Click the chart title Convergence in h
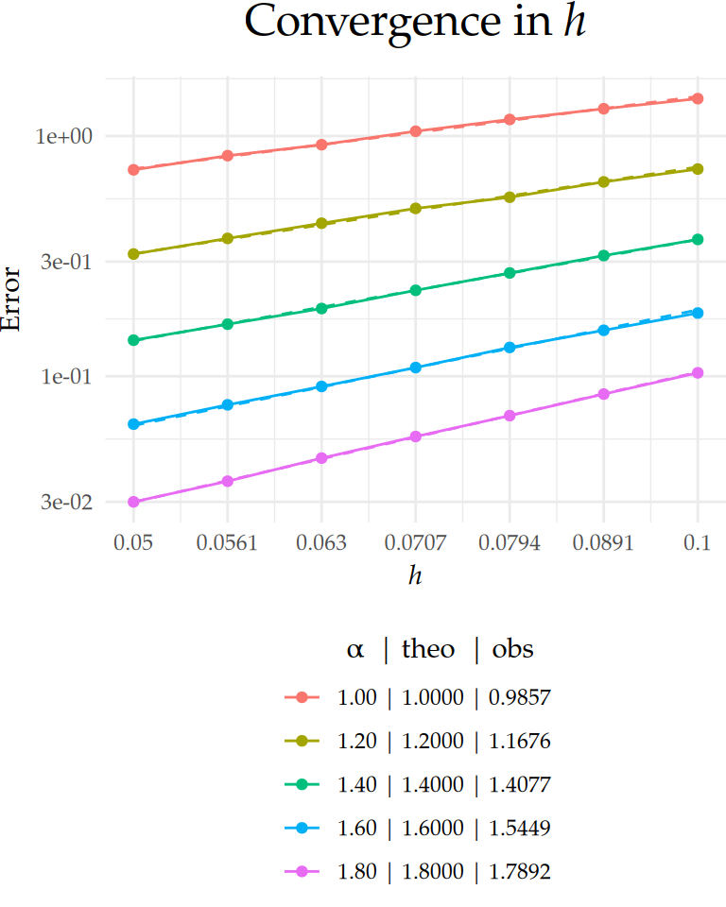(x=415, y=23)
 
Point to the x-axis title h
(x=415, y=574)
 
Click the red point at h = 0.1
(x=698, y=98)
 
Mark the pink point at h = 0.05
(x=133, y=502)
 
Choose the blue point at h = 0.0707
(x=415, y=367)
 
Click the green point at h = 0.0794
(x=510, y=273)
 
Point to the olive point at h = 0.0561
(x=227, y=238)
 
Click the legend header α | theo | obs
(x=440, y=650)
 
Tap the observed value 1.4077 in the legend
(x=519, y=785)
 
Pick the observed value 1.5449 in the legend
(x=519, y=829)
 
